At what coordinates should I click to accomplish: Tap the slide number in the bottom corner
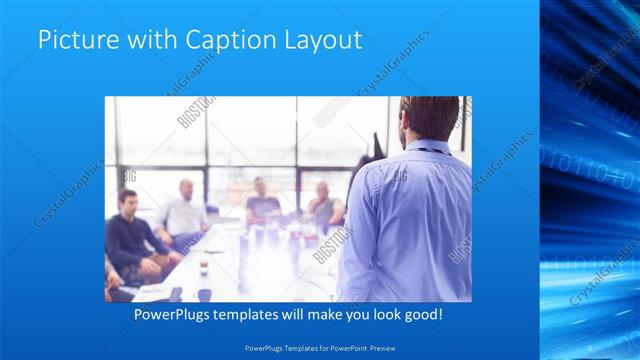pos(590,348)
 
